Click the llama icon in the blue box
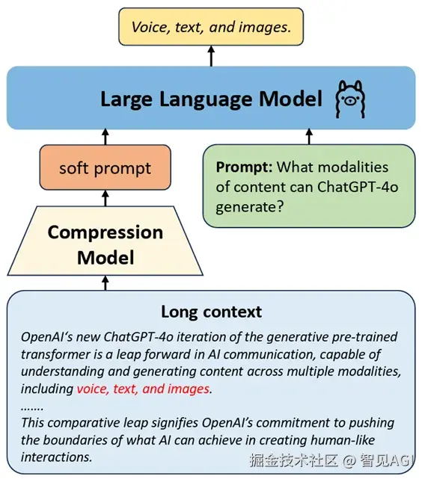[x=350, y=99]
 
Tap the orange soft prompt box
[x=106, y=167]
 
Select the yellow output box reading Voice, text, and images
[x=211, y=27]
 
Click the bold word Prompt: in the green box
[x=244, y=167]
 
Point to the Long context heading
[x=212, y=312]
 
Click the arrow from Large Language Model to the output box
[x=211, y=56]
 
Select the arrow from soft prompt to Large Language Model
[x=106, y=137]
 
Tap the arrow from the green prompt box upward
[x=309, y=137]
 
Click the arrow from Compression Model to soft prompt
[x=106, y=198]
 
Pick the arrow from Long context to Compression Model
[x=106, y=283]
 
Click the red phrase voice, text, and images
[x=143, y=389]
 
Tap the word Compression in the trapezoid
[x=106, y=232]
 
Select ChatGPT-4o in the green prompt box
[x=358, y=187]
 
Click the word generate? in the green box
[x=249, y=207]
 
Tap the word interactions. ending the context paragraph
[x=57, y=457]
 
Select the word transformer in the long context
[x=57, y=354]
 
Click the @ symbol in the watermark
[x=349, y=460]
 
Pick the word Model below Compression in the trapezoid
[x=106, y=258]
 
